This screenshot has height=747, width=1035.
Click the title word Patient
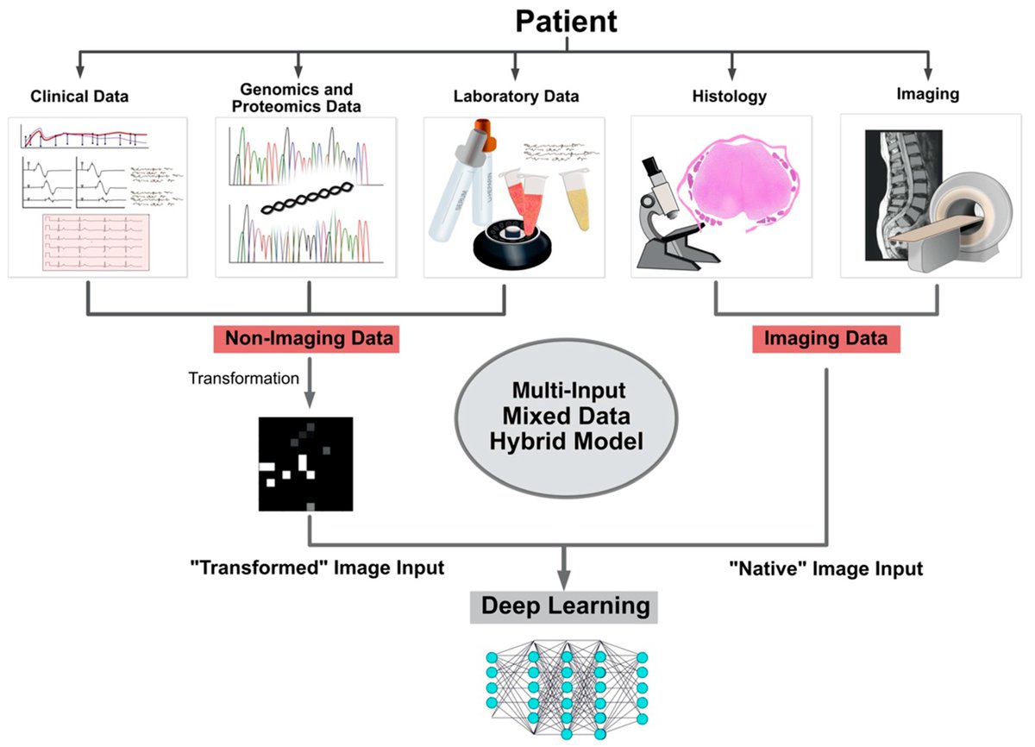[567, 21]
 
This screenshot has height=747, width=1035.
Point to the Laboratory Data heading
[516, 97]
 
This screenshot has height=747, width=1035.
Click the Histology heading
[729, 97]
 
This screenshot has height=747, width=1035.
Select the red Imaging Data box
[826, 339]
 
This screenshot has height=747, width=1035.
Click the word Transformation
[243, 378]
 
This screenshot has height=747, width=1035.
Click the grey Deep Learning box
[565, 606]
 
